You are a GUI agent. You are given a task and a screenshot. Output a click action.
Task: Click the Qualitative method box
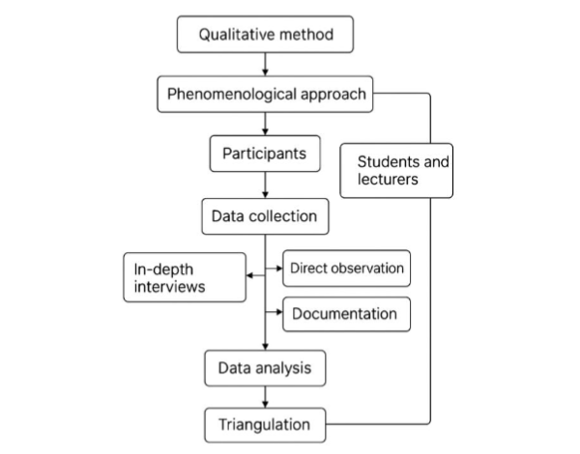[x=265, y=36]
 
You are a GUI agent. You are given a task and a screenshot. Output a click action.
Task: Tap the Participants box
[x=264, y=154]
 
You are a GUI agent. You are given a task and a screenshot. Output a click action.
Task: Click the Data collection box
[x=265, y=213]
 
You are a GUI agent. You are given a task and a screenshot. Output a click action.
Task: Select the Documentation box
[x=345, y=314]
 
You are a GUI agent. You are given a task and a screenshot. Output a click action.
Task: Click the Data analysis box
[x=264, y=367]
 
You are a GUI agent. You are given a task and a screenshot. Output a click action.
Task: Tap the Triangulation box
[x=264, y=423]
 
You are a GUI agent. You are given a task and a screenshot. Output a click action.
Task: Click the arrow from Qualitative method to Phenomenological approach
[x=265, y=65]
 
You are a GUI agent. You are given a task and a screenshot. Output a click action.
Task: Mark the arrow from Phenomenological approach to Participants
[x=265, y=124]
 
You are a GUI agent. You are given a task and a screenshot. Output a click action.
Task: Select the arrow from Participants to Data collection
[x=265, y=184]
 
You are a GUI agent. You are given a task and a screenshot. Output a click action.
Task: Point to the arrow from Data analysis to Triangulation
[x=265, y=395]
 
